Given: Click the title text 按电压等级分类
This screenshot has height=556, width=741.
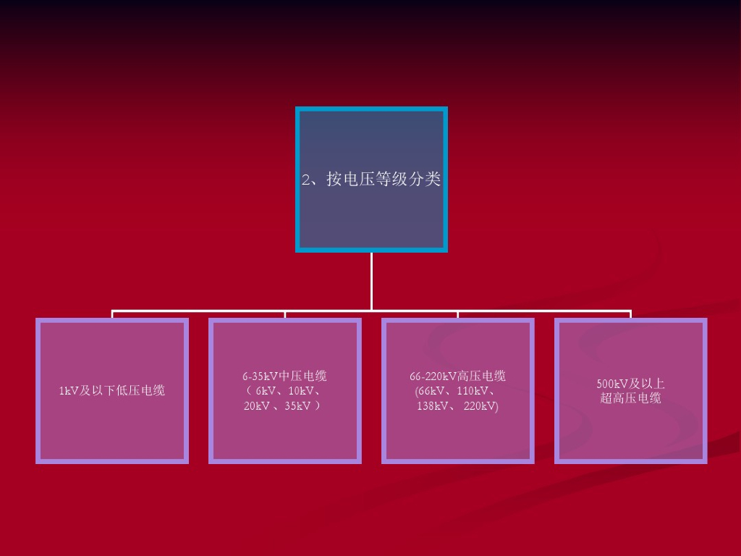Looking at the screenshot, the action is point(384,180).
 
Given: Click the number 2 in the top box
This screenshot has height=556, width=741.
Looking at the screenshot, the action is point(306,180).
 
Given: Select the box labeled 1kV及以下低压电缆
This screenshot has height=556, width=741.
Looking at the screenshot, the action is point(112,391).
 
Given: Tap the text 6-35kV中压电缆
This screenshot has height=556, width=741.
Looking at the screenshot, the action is point(284,376).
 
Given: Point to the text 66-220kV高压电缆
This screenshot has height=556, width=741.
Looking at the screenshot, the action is point(457,376).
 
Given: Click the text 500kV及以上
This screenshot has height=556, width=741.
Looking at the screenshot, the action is point(630,384).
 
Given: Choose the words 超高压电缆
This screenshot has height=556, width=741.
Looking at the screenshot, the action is point(630,398).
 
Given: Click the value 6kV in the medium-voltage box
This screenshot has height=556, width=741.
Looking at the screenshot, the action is point(266,391).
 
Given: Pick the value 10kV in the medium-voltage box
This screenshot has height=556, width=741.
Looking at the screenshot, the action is point(301,391).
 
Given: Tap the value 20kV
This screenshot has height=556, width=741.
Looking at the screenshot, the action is point(257,406).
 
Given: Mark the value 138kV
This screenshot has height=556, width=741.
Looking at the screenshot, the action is point(433,406).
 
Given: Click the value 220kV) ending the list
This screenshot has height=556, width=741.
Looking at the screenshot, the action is point(481,406).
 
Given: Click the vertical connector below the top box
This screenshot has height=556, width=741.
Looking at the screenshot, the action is point(371,281).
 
